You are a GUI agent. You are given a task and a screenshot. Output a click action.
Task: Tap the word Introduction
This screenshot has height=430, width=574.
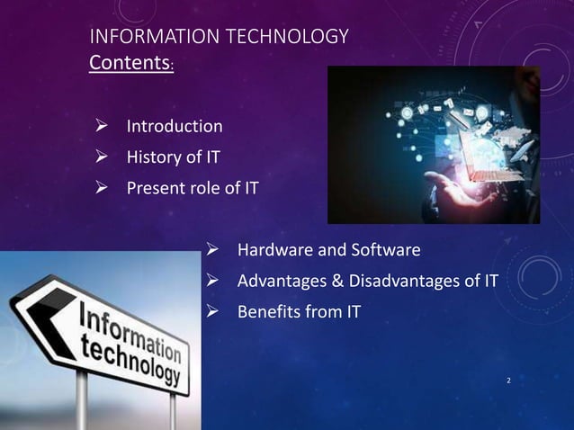click(x=174, y=125)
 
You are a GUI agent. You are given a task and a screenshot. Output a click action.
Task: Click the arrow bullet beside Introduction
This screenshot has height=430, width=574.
click(x=103, y=125)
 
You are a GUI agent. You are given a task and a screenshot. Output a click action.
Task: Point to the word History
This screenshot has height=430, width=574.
click(x=153, y=157)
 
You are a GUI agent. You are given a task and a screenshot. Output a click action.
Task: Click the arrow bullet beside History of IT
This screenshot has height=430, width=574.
click(x=103, y=157)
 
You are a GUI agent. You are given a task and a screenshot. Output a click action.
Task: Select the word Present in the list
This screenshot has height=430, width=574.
click(x=157, y=189)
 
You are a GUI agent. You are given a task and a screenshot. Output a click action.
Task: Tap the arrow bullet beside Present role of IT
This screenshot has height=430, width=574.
click(x=103, y=189)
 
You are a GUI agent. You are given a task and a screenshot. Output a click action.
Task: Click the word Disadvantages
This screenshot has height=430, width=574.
click(x=411, y=282)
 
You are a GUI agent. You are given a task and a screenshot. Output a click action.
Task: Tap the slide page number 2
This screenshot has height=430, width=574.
click(x=508, y=381)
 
